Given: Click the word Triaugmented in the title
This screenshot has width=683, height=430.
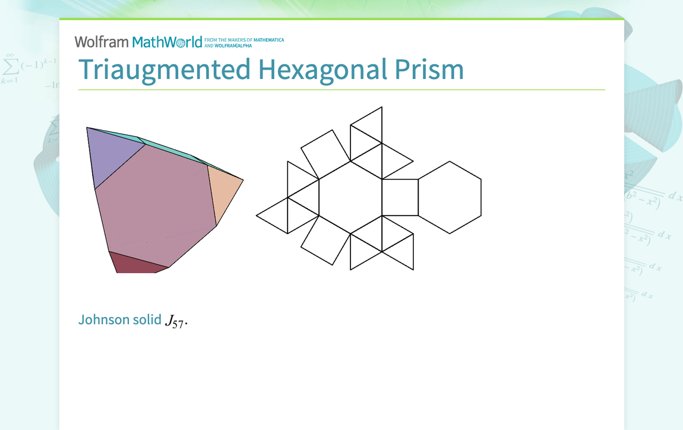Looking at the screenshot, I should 165,70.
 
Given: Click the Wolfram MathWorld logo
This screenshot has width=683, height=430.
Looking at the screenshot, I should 138,42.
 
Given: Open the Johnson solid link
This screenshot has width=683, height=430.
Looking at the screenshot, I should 120,320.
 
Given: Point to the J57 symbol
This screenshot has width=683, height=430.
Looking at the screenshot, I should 175,321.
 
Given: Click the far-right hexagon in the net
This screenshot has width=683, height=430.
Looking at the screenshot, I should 450,197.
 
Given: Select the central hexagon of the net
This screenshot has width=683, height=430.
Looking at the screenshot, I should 350,197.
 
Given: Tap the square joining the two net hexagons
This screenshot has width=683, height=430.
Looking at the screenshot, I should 400,197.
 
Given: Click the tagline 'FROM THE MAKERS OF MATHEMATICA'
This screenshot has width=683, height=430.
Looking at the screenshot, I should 244,40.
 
